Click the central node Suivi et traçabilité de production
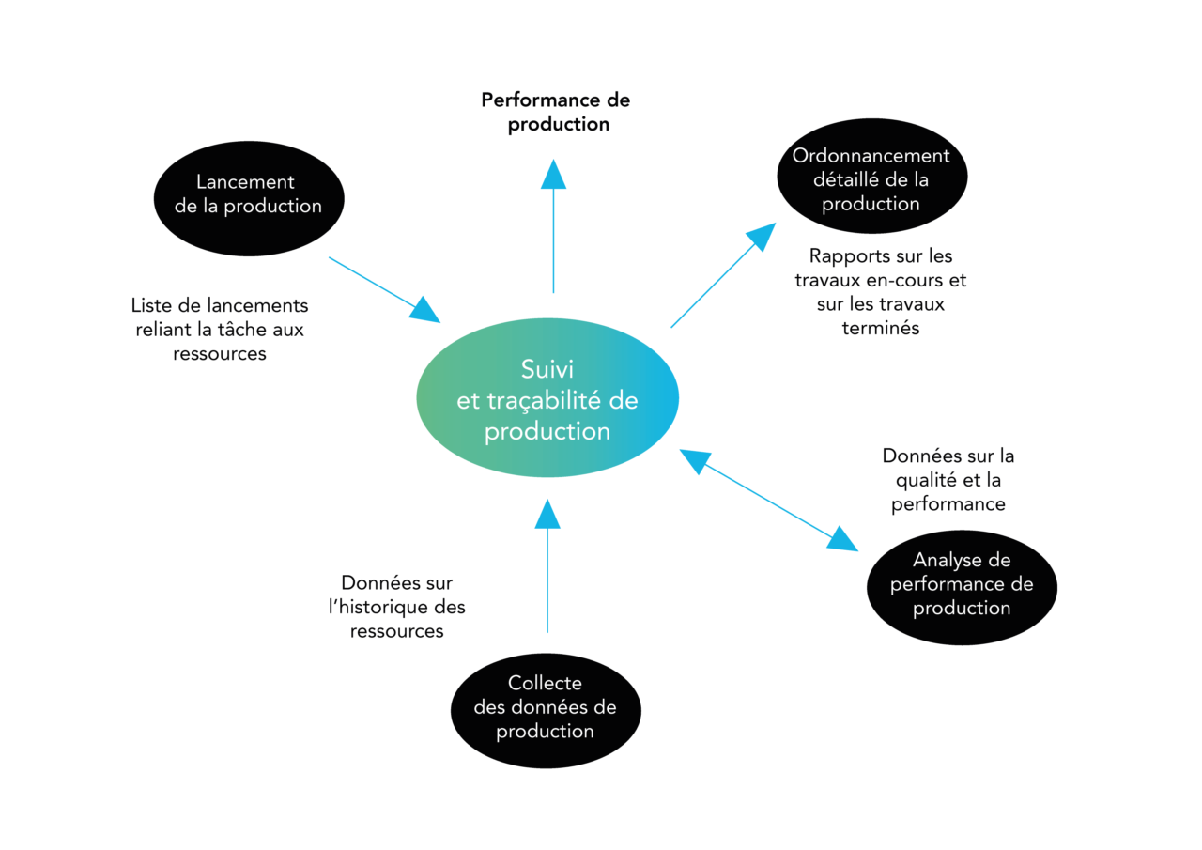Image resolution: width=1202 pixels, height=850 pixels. coord(547,398)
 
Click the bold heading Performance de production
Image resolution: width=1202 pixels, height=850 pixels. coord(556,112)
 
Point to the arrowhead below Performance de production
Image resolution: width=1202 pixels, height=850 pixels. coord(553,174)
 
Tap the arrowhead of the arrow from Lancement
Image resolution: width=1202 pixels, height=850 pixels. coord(424,309)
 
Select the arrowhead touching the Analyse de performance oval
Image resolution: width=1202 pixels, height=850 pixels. coord(843,538)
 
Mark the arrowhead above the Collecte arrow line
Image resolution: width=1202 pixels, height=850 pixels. coord(547,513)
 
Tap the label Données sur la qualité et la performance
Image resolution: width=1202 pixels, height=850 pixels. coord(948,480)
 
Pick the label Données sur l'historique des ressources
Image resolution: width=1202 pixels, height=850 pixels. coord(397,607)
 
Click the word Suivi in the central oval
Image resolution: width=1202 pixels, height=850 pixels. coord(547,369)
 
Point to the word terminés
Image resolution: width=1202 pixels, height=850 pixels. coord(881,329)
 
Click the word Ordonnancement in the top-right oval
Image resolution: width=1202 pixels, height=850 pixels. coord(871,156)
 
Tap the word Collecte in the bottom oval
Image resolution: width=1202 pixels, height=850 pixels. coord(545,683)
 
